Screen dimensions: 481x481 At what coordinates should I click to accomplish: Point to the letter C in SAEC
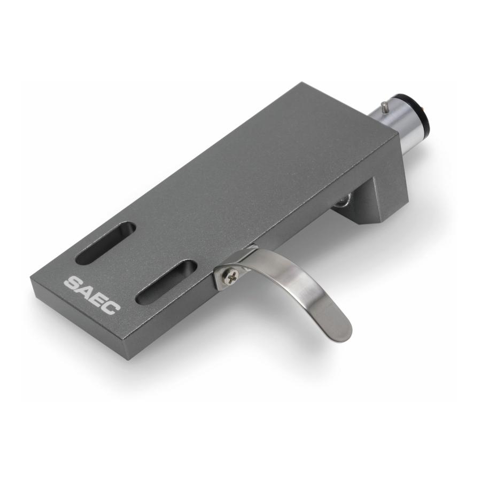113,305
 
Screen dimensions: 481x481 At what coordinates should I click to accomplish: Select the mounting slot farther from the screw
105,243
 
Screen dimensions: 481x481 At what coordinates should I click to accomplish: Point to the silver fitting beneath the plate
341,200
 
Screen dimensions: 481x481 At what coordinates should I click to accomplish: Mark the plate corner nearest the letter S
34,278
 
